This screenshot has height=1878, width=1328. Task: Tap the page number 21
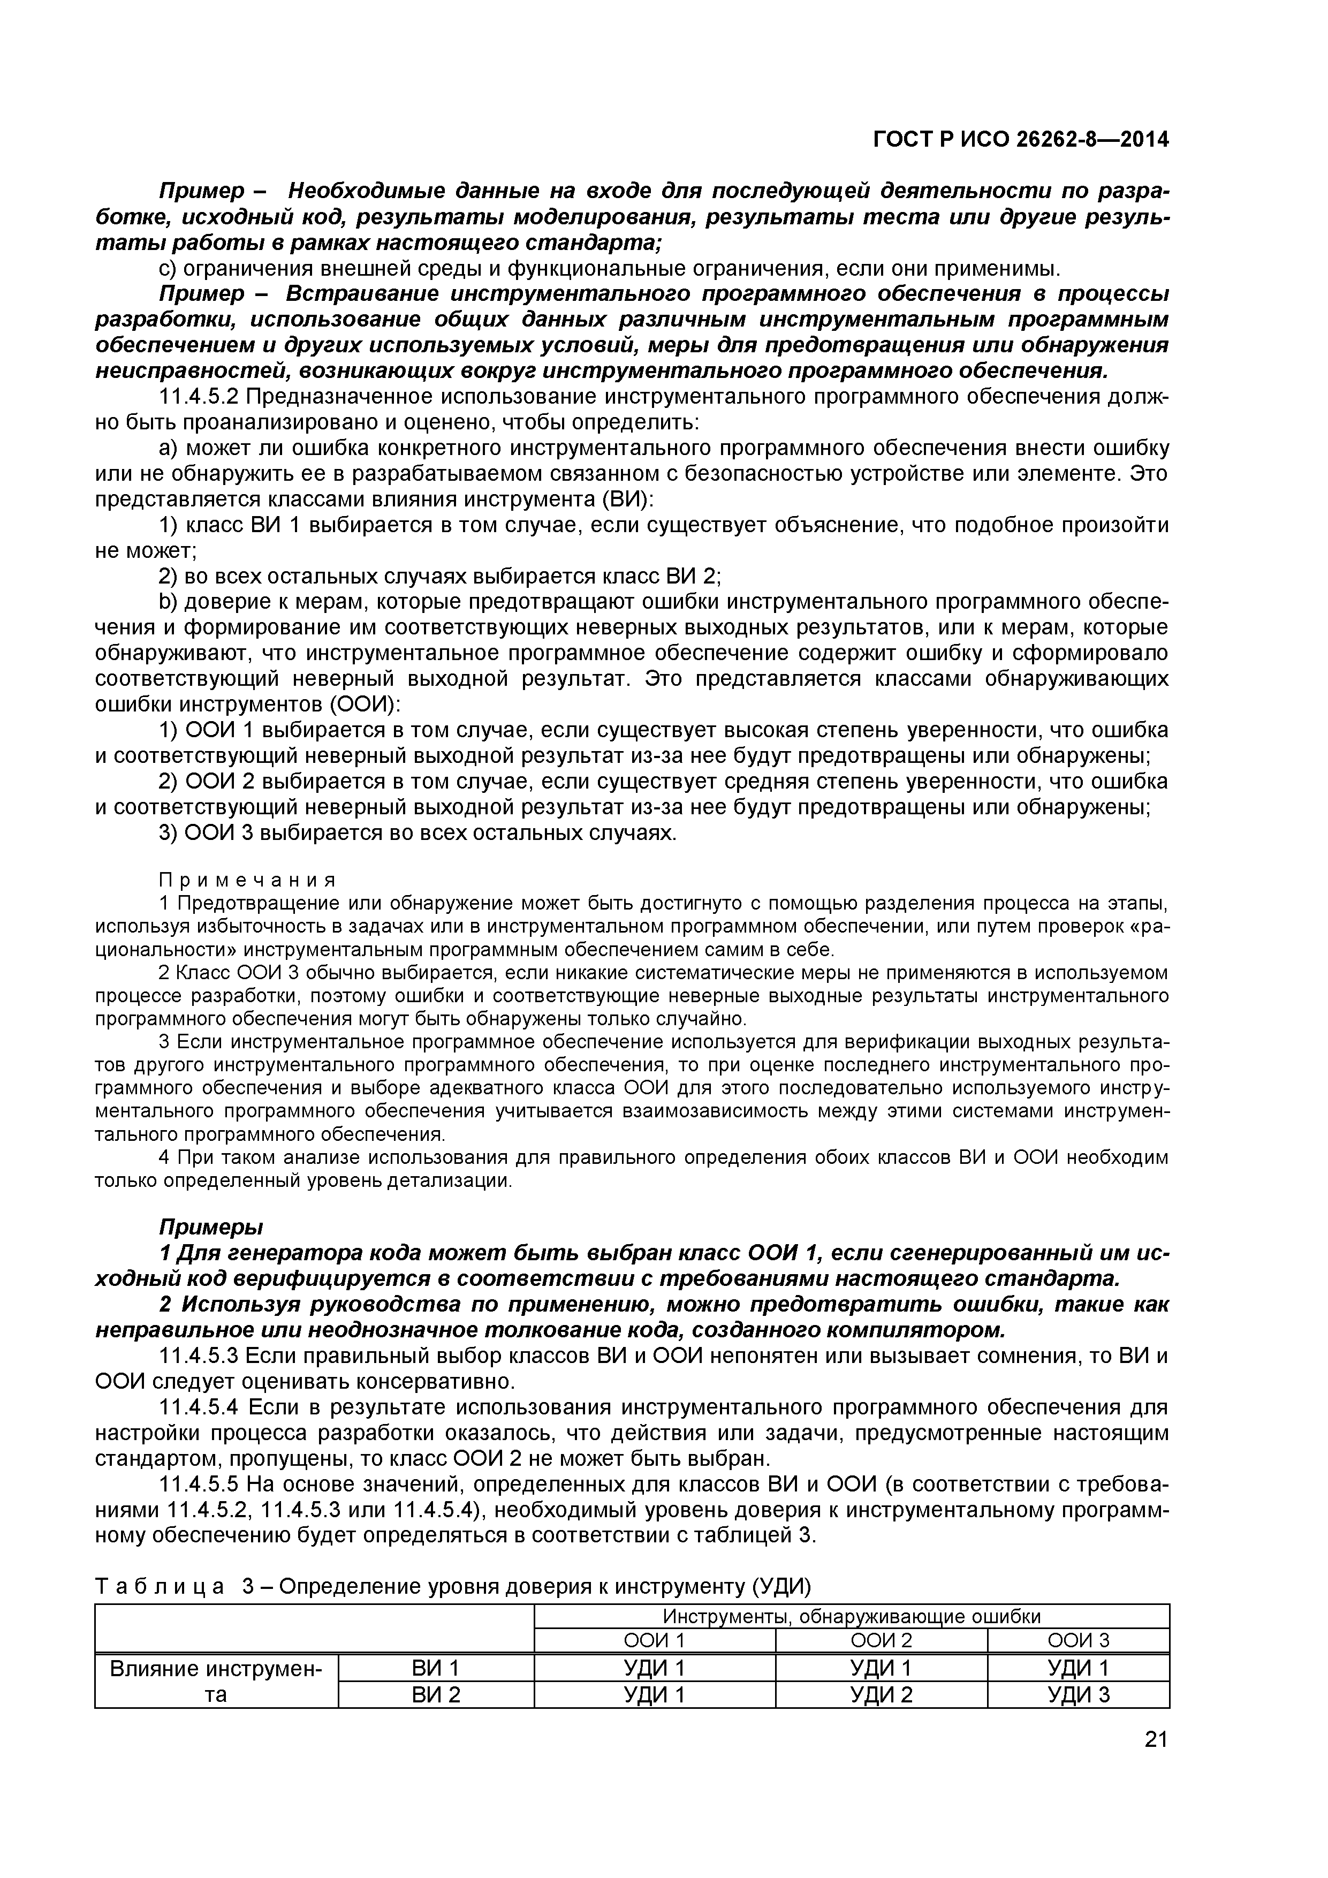[x=1156, y=1762]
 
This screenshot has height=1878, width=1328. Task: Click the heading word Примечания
[x=247, y=880]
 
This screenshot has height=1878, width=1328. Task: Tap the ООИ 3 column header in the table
[x=1078, y=1641]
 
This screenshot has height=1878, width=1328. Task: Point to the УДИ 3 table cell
[x=1078, y=1695]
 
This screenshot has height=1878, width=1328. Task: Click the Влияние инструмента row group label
[x=216, y=1681]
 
